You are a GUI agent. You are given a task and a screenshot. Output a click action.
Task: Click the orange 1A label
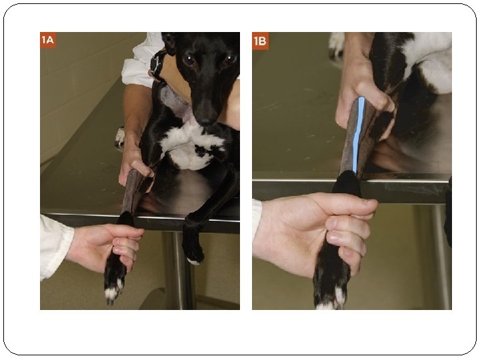click(x=48, y=40)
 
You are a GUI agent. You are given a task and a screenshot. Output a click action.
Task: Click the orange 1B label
click(x=260, y=41)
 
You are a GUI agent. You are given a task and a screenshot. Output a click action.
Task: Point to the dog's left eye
click(x=229, y=58)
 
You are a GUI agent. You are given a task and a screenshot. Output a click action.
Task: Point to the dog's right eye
click(x=189, y=59)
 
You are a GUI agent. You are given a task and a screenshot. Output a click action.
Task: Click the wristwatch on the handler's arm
click(x=157, y=65)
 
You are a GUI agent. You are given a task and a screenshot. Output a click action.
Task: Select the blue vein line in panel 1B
click(x=357, y=135)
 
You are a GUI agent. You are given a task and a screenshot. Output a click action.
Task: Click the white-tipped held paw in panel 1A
click(x=115, y=280)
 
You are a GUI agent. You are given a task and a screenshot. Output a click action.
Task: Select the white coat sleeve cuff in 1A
click(x=57, y=247)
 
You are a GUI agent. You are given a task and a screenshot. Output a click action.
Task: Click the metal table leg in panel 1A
click(x=179, y=269)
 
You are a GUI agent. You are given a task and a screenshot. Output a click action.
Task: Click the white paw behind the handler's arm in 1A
click(x=120, y=137)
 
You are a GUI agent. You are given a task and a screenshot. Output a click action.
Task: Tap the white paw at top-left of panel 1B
click(x=337, y=45)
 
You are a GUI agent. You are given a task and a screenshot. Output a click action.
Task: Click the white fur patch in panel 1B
click(x=429, y=61)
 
